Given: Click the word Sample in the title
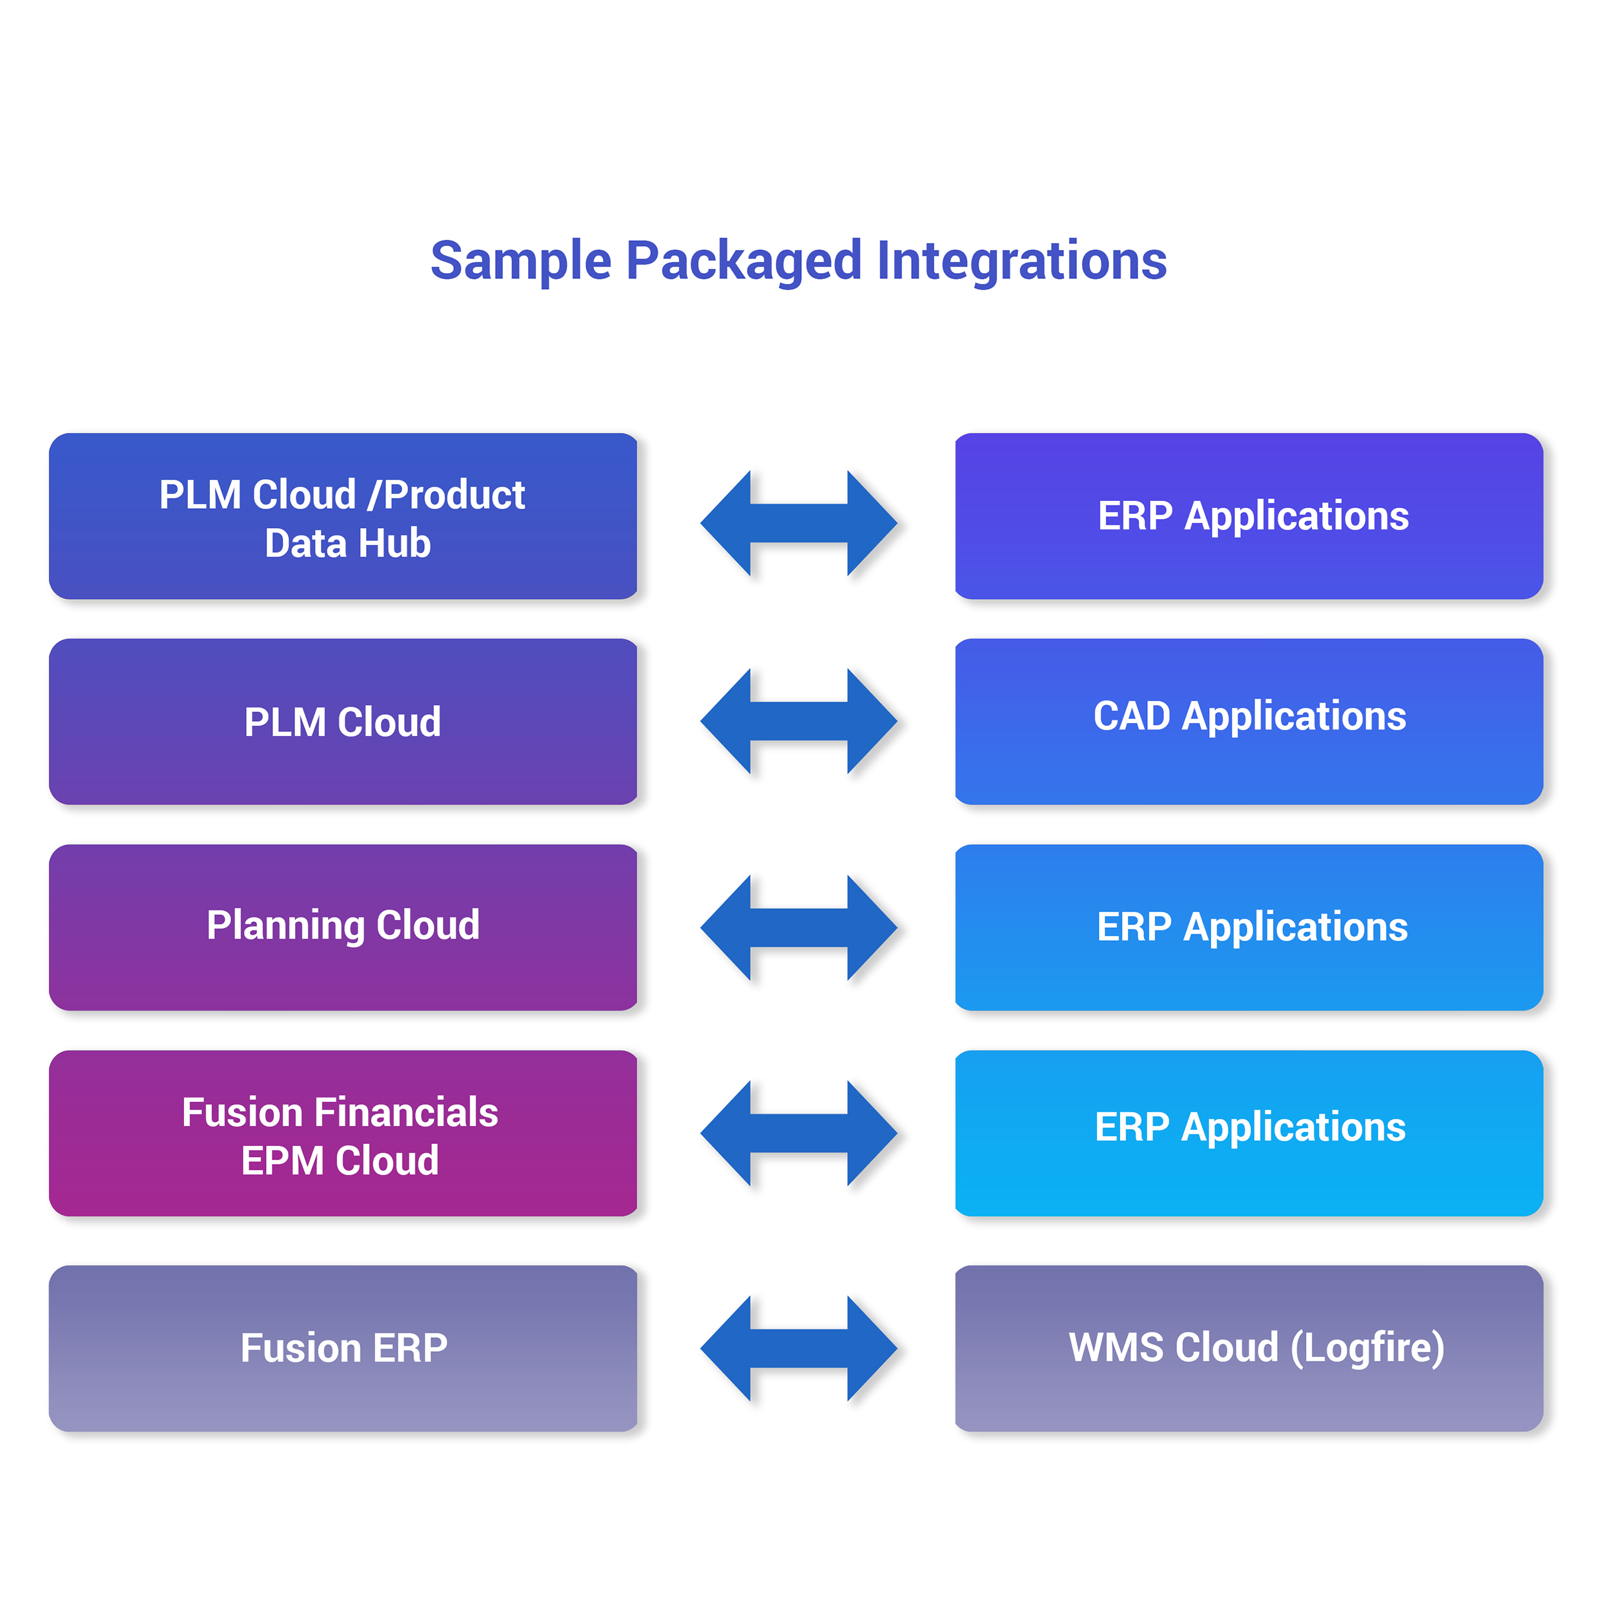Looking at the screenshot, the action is coord(520,261).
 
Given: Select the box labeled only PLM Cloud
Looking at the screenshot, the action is coord(343,722).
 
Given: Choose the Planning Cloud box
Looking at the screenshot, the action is coord(343,927).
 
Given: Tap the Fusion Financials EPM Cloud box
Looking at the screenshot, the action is coord(343,1133).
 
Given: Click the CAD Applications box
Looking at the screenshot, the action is coord(1249,722).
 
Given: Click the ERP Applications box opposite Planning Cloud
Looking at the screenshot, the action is coord(1249,927).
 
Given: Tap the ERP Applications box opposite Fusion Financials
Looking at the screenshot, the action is coord(1249,1133).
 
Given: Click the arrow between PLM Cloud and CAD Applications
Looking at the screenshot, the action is coord(799,721).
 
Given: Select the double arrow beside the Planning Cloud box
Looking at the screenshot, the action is coord(799,927).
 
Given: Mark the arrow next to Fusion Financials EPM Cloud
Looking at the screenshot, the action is coord(799,1133).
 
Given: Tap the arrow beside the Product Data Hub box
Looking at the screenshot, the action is coord(799,523).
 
